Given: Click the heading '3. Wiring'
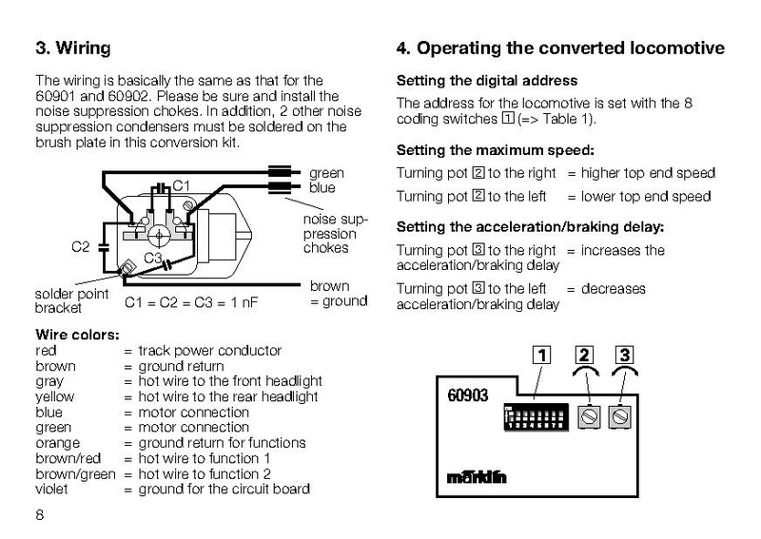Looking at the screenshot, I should click(x=72, y=48).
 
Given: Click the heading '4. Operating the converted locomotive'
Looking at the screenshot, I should click(x=559, y=48).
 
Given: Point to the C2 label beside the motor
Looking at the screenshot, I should click(x=82, y=247).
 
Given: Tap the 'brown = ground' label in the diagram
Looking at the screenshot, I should click(x=337, y=294).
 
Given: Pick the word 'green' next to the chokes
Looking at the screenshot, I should click(x=326, y=173).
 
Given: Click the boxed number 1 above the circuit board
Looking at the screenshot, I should click(x=539, y=356).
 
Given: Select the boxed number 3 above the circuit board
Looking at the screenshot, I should click(x=624, y=356).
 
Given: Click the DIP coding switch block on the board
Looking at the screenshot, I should click(x=537, y=416).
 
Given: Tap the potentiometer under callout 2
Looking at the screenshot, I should click(x=588, y=416).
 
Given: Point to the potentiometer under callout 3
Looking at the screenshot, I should click(x=624, y=416).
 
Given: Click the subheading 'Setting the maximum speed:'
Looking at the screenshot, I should click(x=495, y=150).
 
